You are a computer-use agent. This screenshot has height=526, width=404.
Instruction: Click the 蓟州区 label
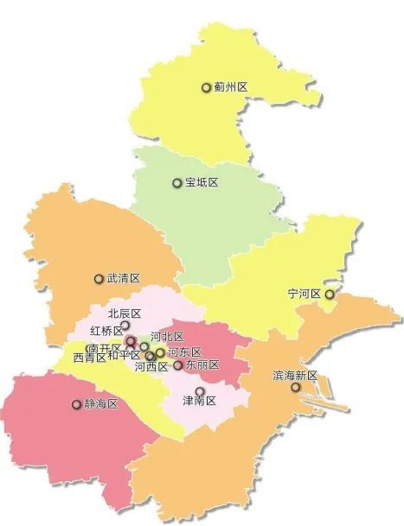[231, 87]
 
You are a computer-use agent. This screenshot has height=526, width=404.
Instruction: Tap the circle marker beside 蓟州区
[206, 87]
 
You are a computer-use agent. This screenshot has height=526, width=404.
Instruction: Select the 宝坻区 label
[202, 183]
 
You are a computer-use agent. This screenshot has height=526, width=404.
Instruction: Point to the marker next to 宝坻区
[177, 183]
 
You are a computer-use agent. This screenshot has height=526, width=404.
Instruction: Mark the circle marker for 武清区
[99, 279]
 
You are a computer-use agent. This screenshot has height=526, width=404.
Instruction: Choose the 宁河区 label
[305, 295]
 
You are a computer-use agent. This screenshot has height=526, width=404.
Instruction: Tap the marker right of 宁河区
[329, 295]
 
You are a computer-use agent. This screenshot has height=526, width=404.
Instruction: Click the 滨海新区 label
[296, 377]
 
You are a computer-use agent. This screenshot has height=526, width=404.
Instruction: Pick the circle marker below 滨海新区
[296, 388]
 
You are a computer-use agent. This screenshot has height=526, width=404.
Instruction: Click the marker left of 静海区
[75, 403]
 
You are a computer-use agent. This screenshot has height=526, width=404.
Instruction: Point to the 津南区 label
[199, 402]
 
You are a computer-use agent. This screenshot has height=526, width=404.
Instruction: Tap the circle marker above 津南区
[200, 391]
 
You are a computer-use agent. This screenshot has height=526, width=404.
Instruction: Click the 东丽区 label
[202, 365]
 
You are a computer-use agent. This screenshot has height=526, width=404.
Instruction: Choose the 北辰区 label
[125, 314]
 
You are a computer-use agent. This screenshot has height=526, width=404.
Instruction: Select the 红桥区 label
[106, 331]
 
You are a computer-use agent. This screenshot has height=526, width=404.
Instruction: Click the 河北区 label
[167, 336]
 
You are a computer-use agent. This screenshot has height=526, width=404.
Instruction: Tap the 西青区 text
[89, 357]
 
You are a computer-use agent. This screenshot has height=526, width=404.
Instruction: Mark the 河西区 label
[151, 367]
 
